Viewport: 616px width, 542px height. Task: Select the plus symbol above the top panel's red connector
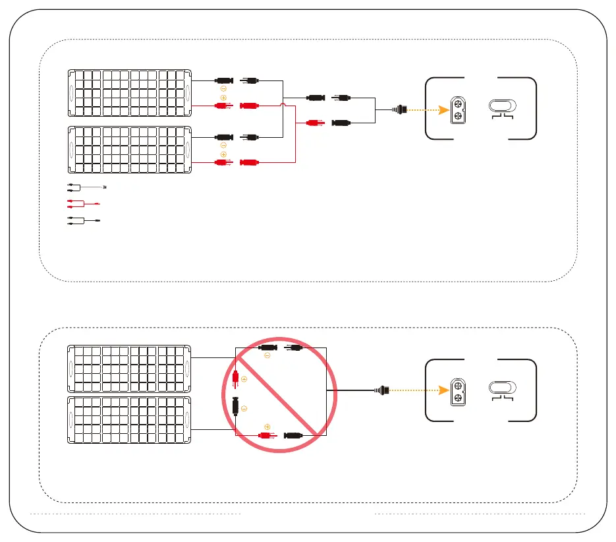pos(223,98)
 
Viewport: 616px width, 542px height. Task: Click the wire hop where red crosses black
pos(283,105)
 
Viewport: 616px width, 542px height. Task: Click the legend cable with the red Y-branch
pos(82,204)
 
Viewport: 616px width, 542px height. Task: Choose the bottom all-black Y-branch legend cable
pos(82,221)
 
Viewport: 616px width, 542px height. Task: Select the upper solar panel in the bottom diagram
pos(129,369)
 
